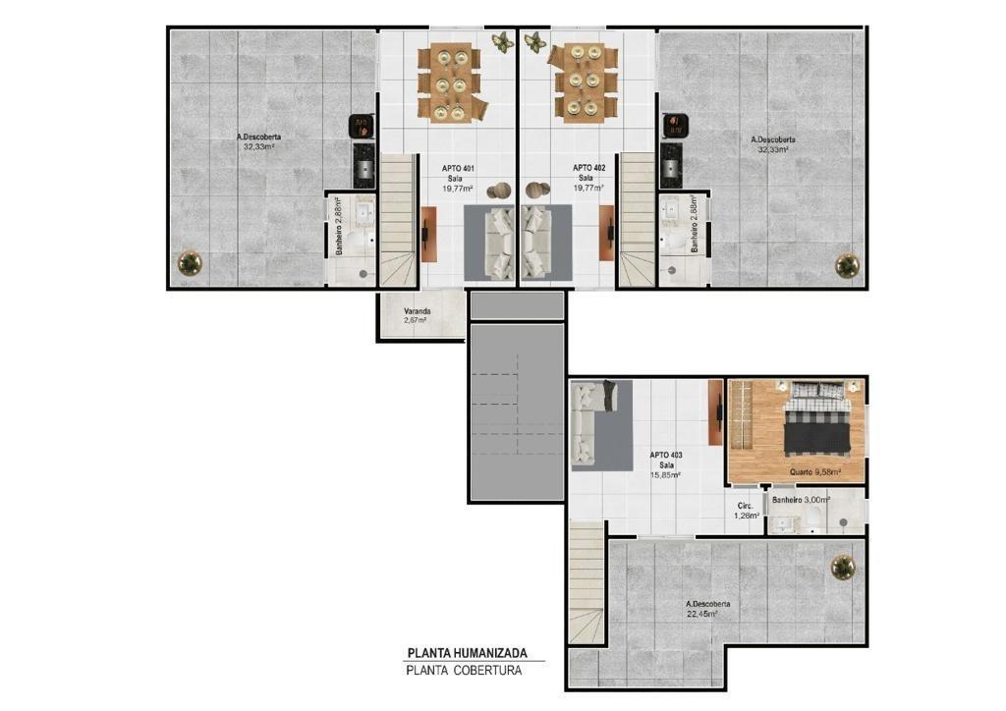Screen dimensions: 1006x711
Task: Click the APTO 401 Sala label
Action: tap(458, 179)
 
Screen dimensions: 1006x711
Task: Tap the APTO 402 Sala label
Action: tap(588, 178)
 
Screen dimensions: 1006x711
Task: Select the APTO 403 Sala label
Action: tap(666, 465)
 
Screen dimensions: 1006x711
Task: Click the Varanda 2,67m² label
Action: tap(417, 315)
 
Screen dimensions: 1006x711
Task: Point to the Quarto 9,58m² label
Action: tap(814, 471)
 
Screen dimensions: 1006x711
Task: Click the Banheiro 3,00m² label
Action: tap(801, 500)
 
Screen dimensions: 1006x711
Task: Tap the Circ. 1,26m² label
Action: tap(748, 510)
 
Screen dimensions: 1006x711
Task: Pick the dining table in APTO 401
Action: tap(450, 82)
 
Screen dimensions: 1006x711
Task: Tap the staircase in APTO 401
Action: tap(398, 220)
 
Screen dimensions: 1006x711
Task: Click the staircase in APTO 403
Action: tap(587, 582)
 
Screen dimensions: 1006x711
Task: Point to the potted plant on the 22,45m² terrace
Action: tap(843, 568)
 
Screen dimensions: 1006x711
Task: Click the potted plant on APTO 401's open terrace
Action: tap(190, 262)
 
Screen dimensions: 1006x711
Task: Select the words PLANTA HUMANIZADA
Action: tap(467, 653)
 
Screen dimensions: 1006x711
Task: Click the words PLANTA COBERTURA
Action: tap(464, 671)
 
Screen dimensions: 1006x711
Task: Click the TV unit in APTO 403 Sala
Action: tap(716, 411)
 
